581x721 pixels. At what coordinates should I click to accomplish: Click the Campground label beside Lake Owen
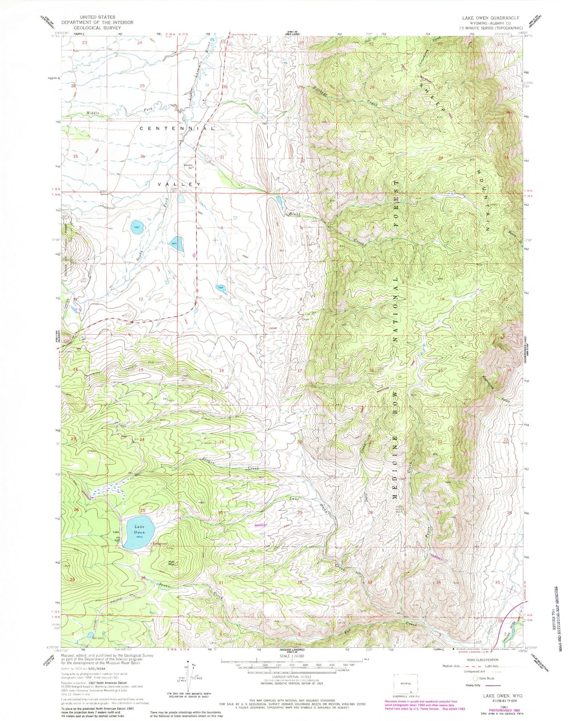pyautogui.click(x=159, y=544)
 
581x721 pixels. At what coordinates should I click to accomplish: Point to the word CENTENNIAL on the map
pyautogui.click(x=177, y=129)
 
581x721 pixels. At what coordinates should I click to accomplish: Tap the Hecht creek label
pyautogui.click(x=294, y=214)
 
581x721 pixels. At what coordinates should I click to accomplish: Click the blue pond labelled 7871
pyautogui.click(x=177, y=244)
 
